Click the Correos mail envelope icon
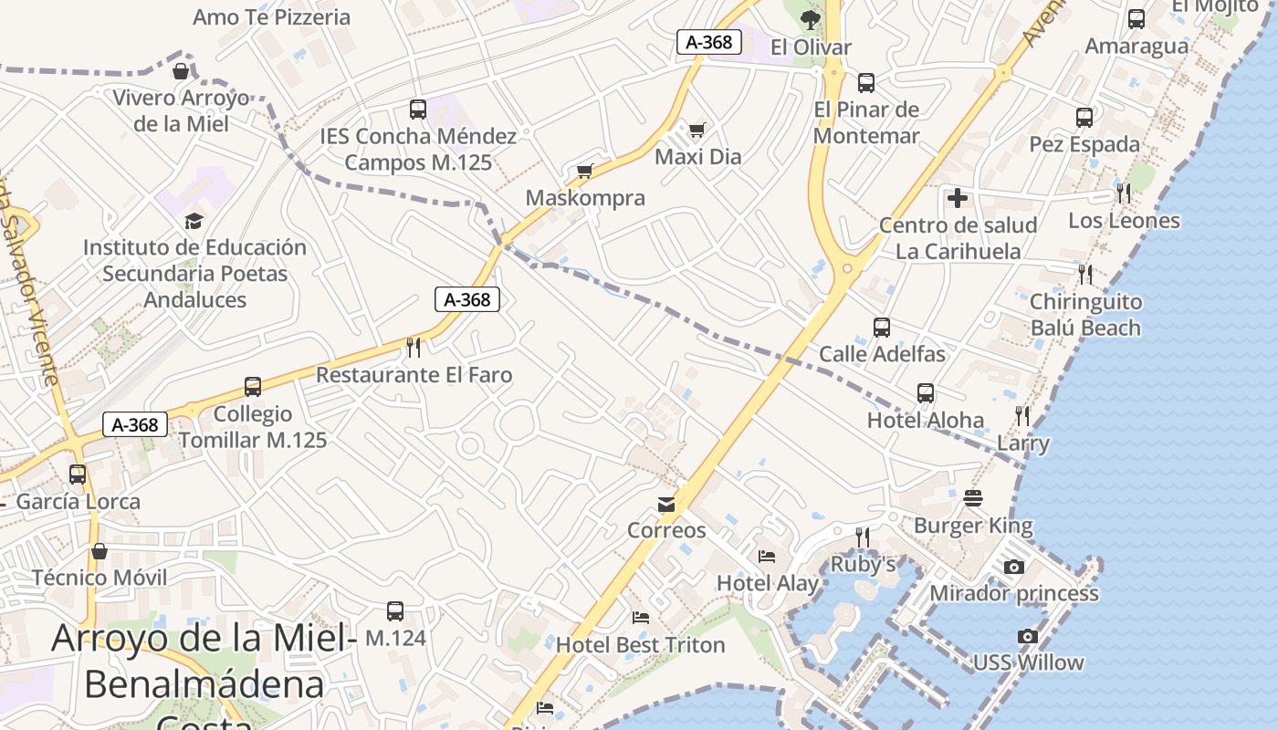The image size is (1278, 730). coord(666,505)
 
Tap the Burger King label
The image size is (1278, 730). coord(973,526)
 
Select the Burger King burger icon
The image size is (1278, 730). coord(973,498)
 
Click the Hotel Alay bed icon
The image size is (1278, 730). coord(767,556)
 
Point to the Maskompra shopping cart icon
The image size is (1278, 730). coord(585,171)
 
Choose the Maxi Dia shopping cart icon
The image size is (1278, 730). coord(697,130)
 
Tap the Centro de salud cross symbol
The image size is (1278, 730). coord(957,197)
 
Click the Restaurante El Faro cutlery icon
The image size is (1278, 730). coord(414,347)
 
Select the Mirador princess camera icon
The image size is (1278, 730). coord(1013,567)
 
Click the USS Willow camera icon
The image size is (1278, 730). coord(1028,636)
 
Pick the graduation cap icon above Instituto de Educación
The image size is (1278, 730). coord(194,221)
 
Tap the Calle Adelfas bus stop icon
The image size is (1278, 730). coord(881,327)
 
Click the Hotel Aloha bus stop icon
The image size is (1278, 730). coord(926,393)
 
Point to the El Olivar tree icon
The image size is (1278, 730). coord(809,19)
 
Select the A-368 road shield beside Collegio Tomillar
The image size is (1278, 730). coord(135,424)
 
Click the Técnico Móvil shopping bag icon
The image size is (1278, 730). coord(100,551)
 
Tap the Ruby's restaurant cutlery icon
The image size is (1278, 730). coord(862,537)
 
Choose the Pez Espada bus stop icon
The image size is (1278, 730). coord(1084,117)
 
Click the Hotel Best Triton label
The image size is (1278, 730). coord(640,644)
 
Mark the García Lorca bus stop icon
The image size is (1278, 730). coord(78,474)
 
